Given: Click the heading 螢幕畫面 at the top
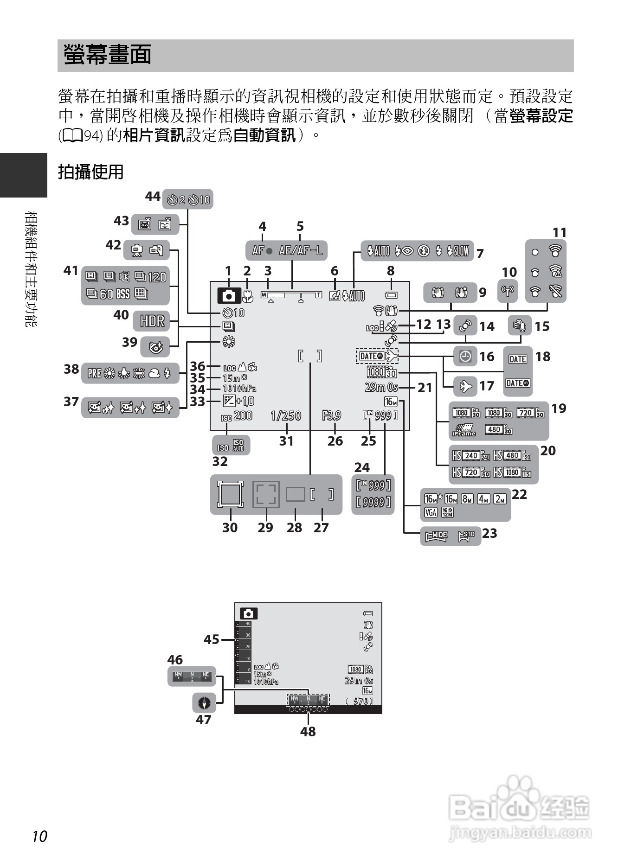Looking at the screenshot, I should pyautogui.click(x=108, y=55).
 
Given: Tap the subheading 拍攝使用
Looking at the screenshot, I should pyautogui.click(x=91, y=172).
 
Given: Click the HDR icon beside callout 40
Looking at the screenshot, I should pyautogui.click(x=152, y=320).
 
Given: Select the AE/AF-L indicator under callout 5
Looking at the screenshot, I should pyautogui.click(x=301, y=250).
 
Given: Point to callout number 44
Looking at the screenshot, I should pyautogui.click(x=153, y=196).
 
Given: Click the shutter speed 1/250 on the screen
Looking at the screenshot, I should pyautogui.click(x=286, y=415).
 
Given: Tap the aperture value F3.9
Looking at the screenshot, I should pyautogui.click(x=331, y=415).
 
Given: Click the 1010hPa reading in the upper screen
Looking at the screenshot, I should pyautogui.click(x=239, y=389).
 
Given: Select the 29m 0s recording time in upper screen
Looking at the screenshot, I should pyautogui.click(x=381, y=387).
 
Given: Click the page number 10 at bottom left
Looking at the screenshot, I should pyautogui.click(x=40, y=836).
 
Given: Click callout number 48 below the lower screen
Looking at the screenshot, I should pyautogui.click(x=308, y=731).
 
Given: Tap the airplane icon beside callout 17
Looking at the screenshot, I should pyautogui.click(x=465, y=386).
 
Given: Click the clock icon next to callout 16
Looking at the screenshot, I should pyautogui.click(x=465, y=357).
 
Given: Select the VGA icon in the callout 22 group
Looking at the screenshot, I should pyautogui.click(x=431, y=512).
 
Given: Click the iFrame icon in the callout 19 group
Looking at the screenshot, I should pyautogui.click(x=464, y=430).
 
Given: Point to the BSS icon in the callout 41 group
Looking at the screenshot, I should pyautogui.click(x=123, y=294).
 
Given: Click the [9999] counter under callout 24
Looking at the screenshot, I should pyautogui.click(x=373, y=502).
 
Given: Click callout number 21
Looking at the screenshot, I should pyautogui.click(x=425, y=388).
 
